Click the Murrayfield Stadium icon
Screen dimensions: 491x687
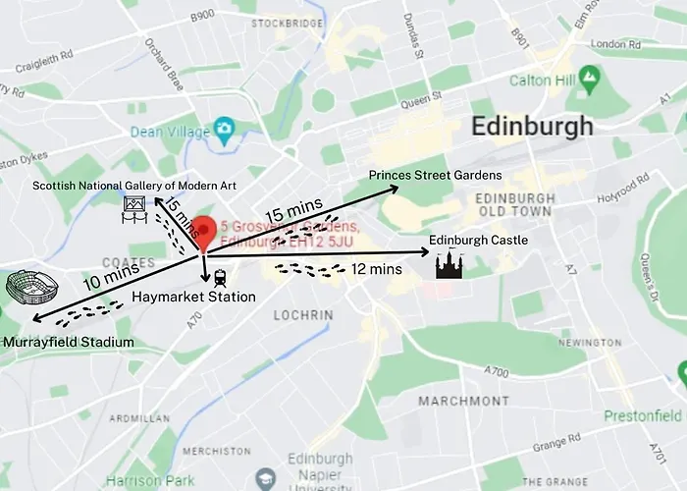click(x=31, y=288)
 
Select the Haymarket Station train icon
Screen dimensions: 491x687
click(x=219, y=277)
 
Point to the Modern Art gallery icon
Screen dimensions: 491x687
click(x=134, y=207)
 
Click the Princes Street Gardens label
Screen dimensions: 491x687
click(x=435, y=175)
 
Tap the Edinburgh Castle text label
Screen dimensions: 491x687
click(x=479, y=240)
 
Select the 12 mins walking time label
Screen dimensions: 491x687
click(x=376, y=268)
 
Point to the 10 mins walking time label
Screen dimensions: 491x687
click(x=105, y=278)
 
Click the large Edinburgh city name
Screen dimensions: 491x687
click(x=532, y=126)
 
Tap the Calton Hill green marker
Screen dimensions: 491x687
click(x=589, y=76)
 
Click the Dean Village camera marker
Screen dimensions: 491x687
click(x=225, y=128)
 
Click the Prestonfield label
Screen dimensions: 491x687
click(x=642, y=415)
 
